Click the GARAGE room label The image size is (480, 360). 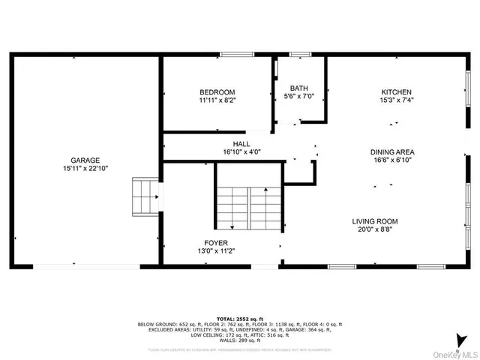coord(85,160)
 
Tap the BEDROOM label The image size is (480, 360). coord(218,92)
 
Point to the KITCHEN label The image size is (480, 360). coord(397,92)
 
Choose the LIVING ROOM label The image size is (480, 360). coord(376,221)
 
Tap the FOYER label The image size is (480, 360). coord(217,243)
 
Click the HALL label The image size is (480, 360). coord(241,143)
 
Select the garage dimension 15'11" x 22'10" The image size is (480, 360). coord(85,169)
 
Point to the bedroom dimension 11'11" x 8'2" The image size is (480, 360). coord(218,100)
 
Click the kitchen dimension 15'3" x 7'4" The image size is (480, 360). coord(397,100)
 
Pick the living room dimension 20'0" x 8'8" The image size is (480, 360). coord(376,230)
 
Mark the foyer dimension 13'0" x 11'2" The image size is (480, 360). coord(217,251)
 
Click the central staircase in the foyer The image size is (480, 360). coord(248,207)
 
